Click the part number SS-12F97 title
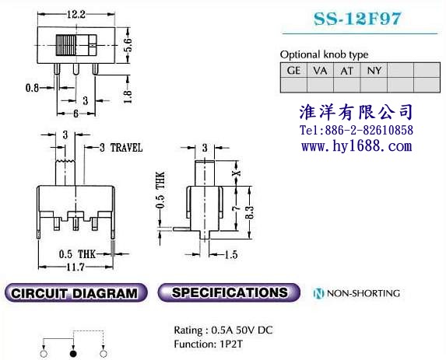tap(357, 19)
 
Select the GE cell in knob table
tap(293, 70)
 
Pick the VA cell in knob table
tap(320, 70)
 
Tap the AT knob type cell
tap(346, 70)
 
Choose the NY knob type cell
tap(374, 70)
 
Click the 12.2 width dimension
tap(76, 14)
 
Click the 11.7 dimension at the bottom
tap(75, 267)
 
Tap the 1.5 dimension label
tap(230, 254)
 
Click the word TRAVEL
tap(126, 148)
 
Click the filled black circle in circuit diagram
tap(73, 354)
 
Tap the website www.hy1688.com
tap(356, 146)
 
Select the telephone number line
tap(356, 130)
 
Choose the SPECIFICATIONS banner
tap(229, 292)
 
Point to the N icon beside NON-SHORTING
tap(318, 293)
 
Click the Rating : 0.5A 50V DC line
tap(223, 330)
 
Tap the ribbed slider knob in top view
tap(66, 45)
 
